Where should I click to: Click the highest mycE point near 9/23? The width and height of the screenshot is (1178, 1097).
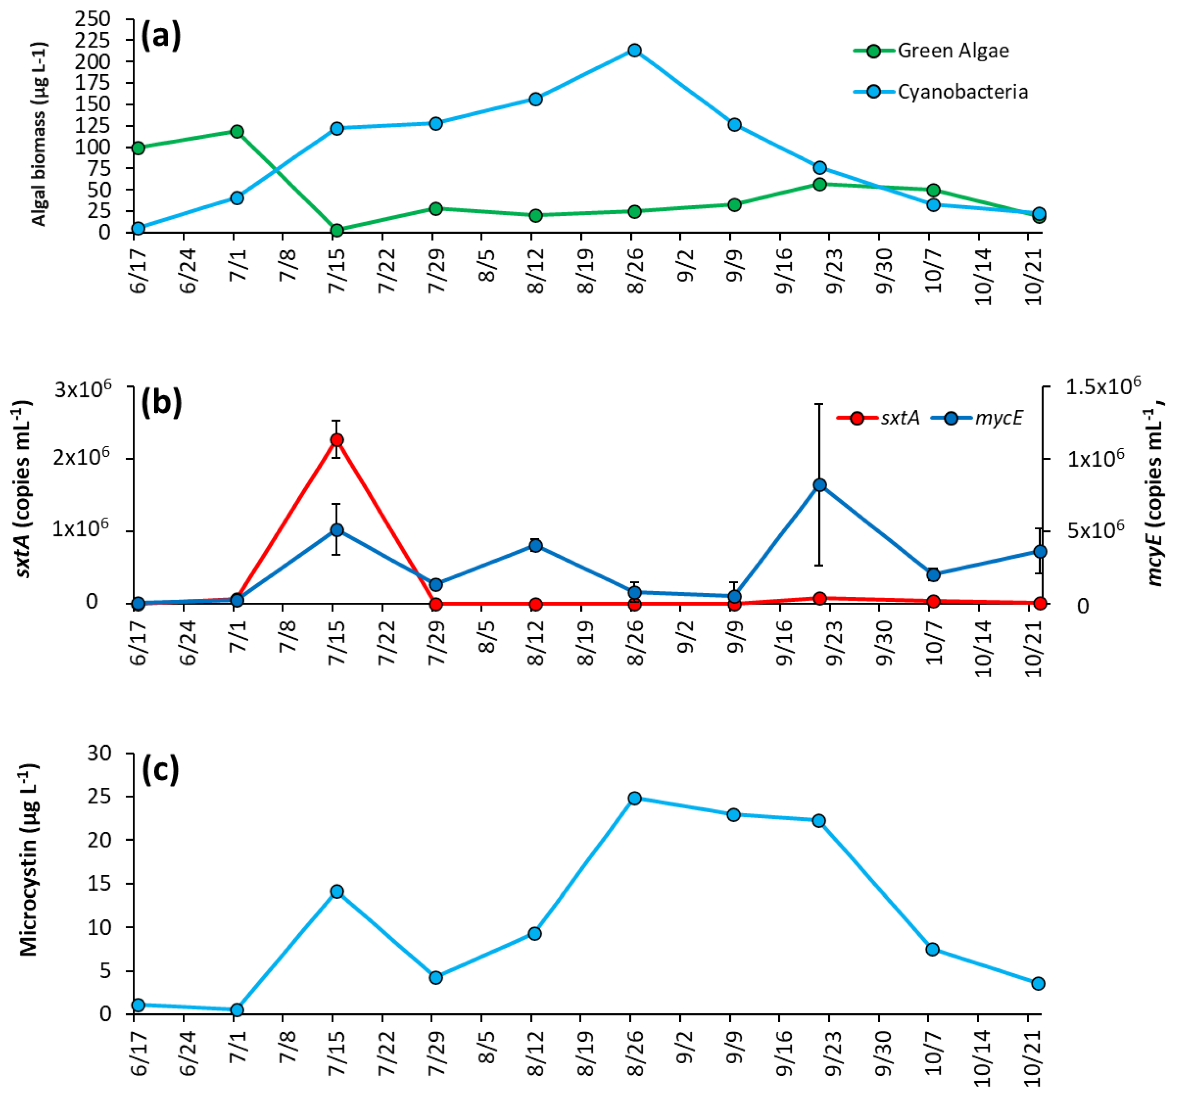pos(819,485)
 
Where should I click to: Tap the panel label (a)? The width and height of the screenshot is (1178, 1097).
pos(160,37)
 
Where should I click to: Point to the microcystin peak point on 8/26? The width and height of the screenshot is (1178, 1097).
pos(634,798)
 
